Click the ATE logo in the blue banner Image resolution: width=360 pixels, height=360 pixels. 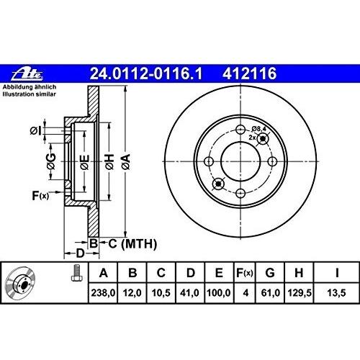[x=27, y=73]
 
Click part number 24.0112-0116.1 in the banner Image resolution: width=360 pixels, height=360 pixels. [x=146, y=73]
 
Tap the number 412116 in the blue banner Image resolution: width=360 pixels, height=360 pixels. [x=249, y=73]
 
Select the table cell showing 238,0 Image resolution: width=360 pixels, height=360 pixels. [x=103, y=293]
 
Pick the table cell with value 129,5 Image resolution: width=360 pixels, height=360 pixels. [x=300, y=293]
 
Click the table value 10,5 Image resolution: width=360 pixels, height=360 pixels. [x=161, y=293]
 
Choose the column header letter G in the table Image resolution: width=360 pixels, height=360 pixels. [x=270, y=273]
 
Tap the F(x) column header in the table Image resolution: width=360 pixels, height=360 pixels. [x=245, y=273]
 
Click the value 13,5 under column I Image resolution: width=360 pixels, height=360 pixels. [x=336, y=293]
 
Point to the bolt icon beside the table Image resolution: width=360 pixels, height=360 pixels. [x=77, y=273]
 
